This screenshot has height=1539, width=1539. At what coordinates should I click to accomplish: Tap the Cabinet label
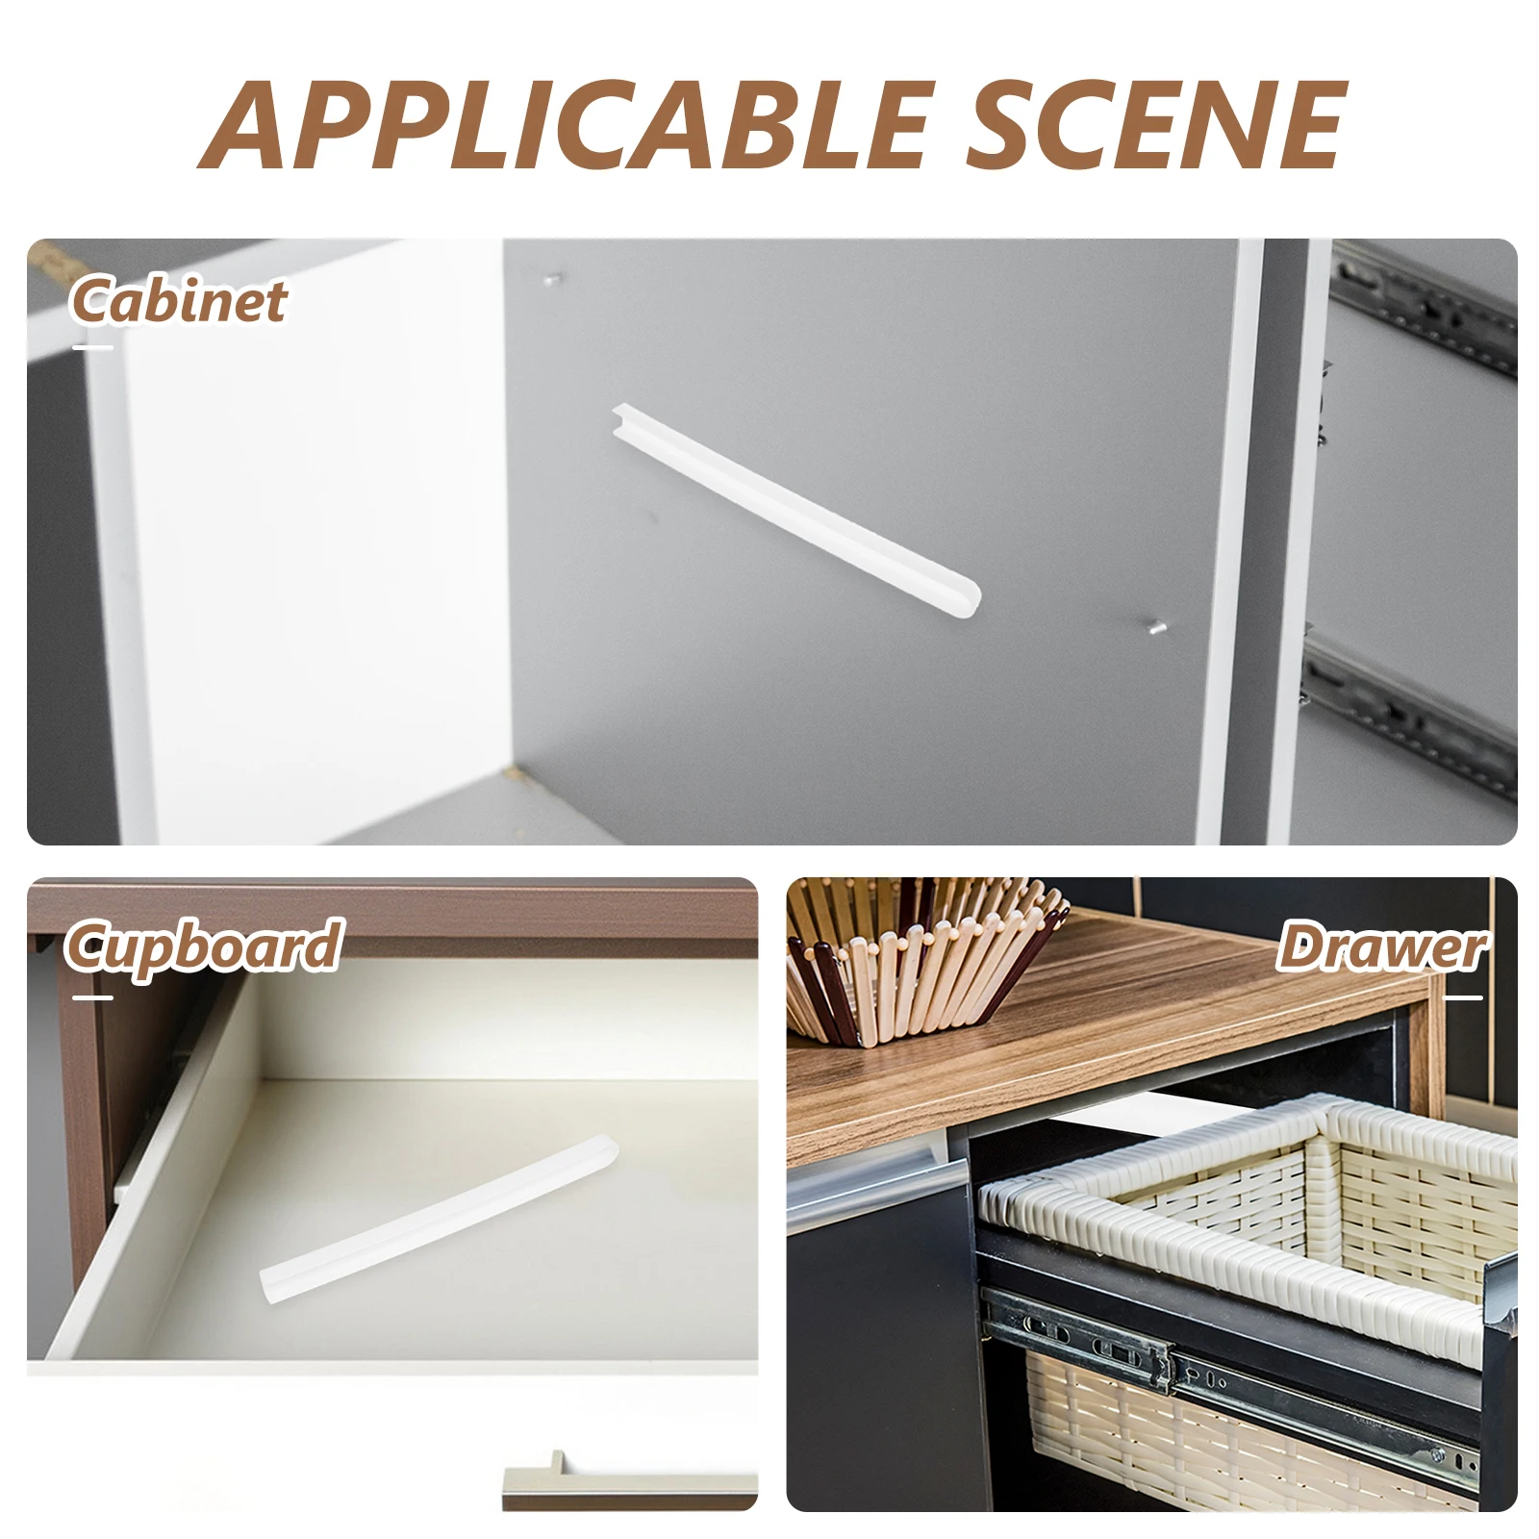tap(179, 300)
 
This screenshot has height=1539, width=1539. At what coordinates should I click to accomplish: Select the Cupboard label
tap(204, 946)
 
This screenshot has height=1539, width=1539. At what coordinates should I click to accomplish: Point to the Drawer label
tap(1381, 946)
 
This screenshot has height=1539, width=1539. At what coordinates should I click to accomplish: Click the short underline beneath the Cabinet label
tap(92, 347)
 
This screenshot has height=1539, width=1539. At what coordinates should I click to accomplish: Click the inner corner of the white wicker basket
tap(1330, 1116)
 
